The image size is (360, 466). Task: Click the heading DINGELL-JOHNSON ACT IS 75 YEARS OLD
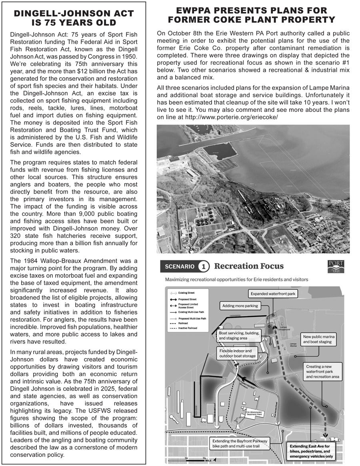[x=74, y=18]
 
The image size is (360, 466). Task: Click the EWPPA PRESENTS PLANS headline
[x=252, y=15]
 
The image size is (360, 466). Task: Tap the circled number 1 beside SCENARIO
[x=204, y=266]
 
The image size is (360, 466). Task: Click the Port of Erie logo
[x=336, y=267]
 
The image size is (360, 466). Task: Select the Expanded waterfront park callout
[x=273, y=294]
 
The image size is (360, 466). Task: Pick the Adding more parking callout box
[x=240, y=306]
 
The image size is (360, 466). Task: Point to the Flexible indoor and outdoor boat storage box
[x=237, y=353]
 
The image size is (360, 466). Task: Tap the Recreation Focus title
[x=249, y=266]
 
